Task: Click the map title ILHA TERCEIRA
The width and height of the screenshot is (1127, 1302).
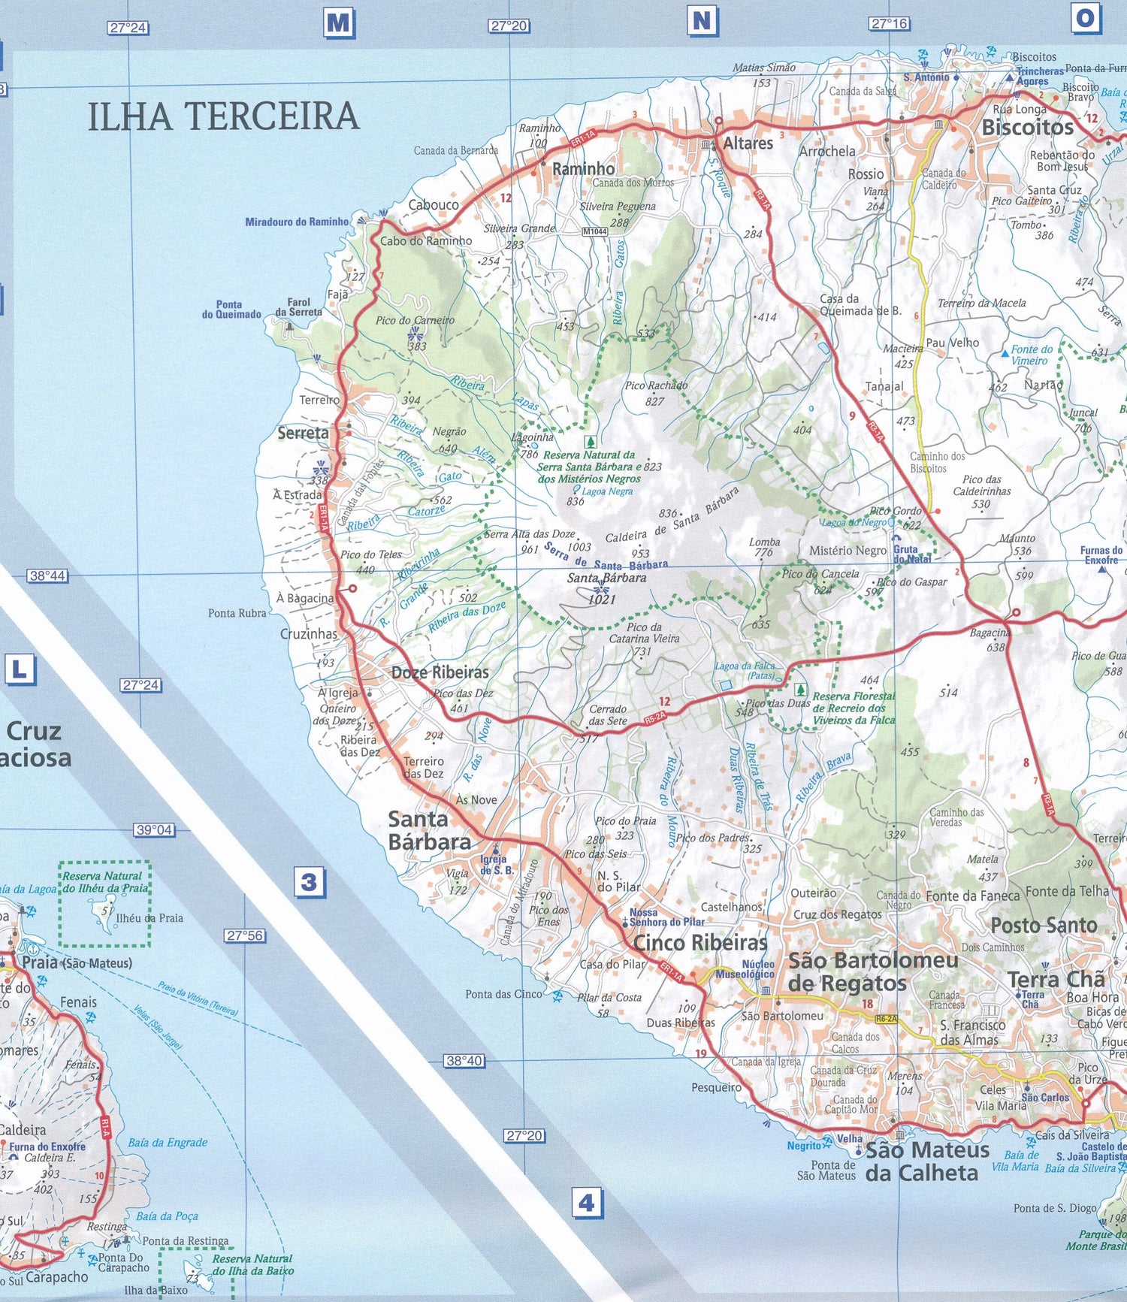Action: [x=224, y=116]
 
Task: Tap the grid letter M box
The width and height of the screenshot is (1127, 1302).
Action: [x=339, y=23]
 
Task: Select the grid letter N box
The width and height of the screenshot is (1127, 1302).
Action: [x=702, y=21]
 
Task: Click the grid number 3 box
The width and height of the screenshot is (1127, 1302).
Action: [x=309, y=881]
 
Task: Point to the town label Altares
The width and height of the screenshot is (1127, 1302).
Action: [x=748, y=143]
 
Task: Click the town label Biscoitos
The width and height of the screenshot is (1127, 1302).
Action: [x=1027, y=127]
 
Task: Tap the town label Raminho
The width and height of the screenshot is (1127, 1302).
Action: [x=583, y=169]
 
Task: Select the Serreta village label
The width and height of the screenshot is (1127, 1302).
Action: [x=303, y=433]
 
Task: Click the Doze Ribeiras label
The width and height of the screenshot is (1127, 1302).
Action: [x=440, y=672]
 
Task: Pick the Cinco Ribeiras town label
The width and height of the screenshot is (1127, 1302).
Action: [x=700, y=942]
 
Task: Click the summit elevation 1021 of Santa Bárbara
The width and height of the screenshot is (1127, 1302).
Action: [x=602, y=599]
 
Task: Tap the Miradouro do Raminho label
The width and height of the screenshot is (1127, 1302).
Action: [x=297, y=222]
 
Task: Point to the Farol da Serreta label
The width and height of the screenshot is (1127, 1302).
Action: [x=298, y=307]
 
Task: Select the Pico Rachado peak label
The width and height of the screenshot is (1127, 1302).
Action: [x=656, y=385]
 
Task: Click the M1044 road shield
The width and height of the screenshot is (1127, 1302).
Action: [x=594, y=231]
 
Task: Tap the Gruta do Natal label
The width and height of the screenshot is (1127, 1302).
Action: [x=912, y=554]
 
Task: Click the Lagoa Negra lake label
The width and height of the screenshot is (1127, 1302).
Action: [x=606, y=491]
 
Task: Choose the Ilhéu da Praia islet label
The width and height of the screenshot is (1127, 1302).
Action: [x=150, y=917]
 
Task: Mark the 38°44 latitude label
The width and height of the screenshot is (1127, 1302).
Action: [x=47, y=575]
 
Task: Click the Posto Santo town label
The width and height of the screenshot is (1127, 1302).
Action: [x=1044, y=925]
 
